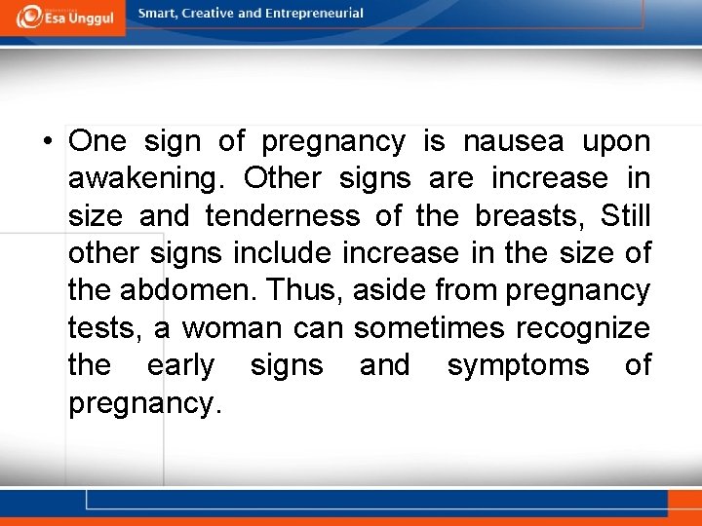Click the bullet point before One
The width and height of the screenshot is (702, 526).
click(47, 142)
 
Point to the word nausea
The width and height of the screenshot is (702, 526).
click(513, 142)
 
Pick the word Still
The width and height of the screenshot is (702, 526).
click(626, 216)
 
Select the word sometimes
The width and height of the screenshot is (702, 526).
click(429, 328)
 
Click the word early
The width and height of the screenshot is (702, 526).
click(180, 366)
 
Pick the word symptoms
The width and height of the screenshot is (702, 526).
click(518, 366)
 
